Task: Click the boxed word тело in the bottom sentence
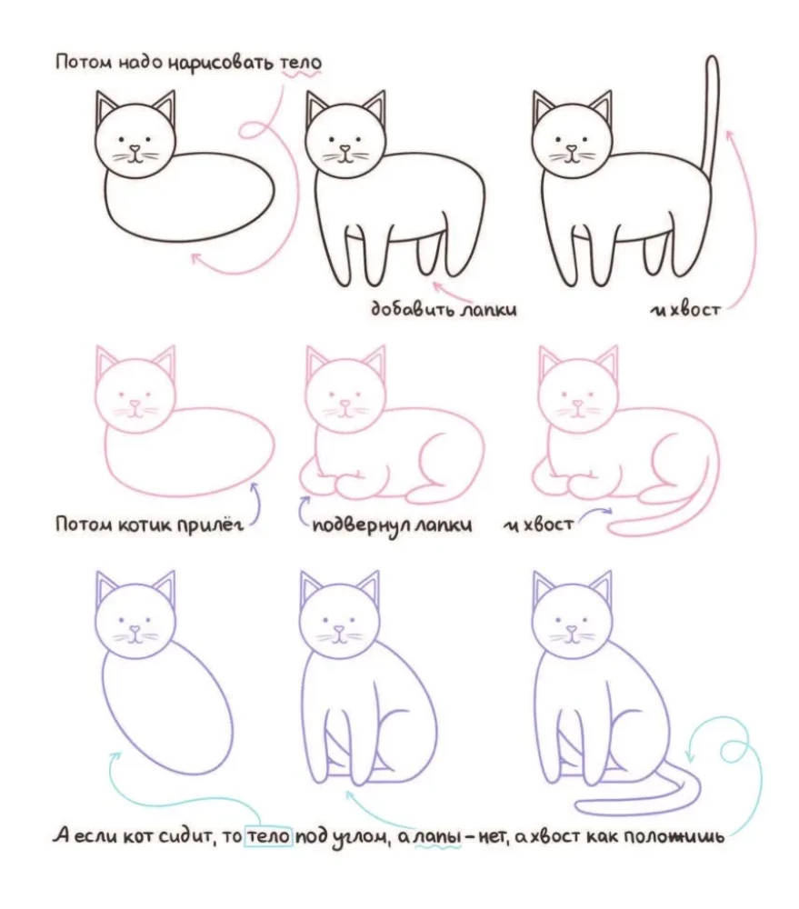[x=268, y=836]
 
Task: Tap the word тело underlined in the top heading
[x=300, y=63]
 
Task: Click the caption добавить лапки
[x=444, y=309]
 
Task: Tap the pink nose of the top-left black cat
[x=135, y=148]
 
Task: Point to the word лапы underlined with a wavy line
[x=437, y=837]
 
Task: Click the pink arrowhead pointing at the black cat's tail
[x=729, y=135]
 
